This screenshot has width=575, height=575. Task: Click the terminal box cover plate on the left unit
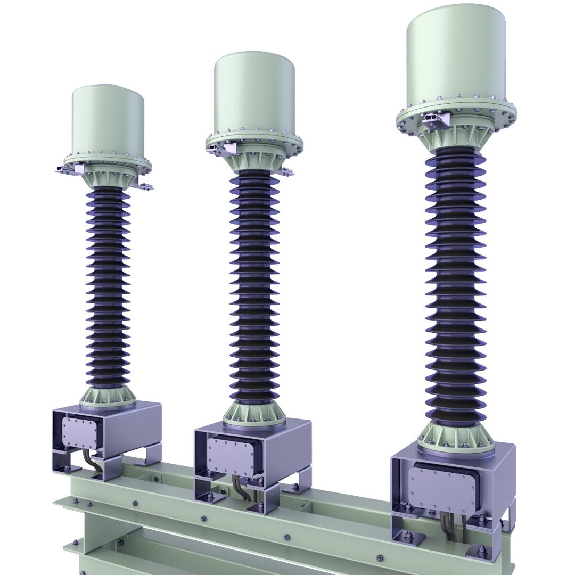(x=80, y=432)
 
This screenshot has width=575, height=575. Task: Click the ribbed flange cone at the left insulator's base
(x=108, y=397)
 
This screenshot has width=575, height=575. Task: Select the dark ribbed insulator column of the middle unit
(x=254, y=287)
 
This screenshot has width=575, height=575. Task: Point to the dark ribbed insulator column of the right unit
(x=455, y=287)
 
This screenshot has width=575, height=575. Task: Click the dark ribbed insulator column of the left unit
(x=108, y=287)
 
